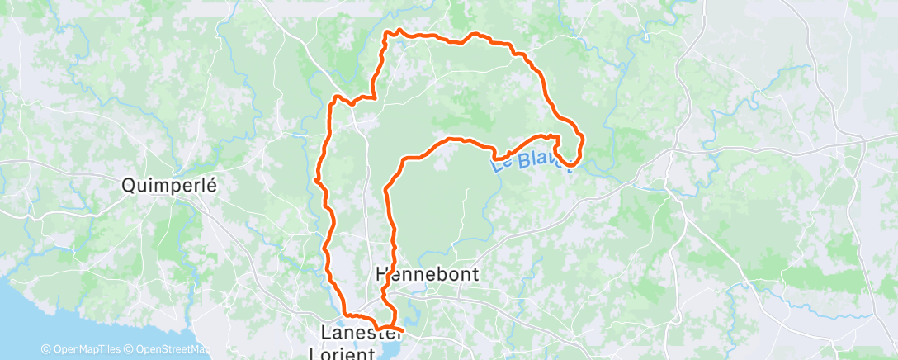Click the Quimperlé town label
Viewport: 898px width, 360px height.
tap(168, 186)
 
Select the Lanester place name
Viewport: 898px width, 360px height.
tap(356, 334)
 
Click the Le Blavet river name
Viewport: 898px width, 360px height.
tap(533, 157)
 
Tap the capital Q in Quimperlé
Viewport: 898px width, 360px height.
tap(129, 186)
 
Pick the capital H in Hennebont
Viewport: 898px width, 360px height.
tap(381, 273)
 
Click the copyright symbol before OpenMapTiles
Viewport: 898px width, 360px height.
tap(45, 349)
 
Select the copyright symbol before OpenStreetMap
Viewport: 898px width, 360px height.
tap(130, 349)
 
